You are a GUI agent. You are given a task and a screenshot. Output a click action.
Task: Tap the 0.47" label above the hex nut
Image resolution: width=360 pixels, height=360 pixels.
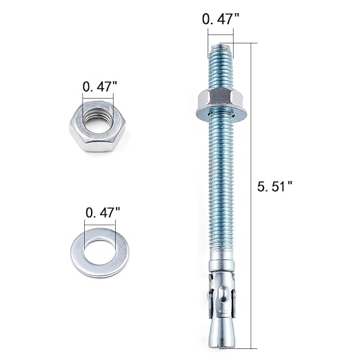tap(99, 87)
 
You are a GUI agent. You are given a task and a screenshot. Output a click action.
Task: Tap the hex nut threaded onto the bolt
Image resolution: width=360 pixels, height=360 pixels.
tap(219, 98)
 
